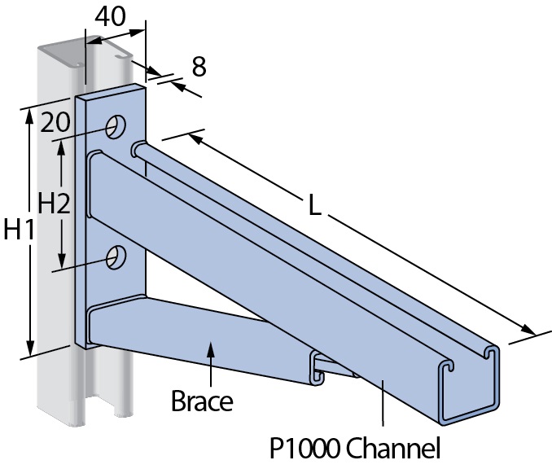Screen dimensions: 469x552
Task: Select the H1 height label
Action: pyautogui.click(x=18, y=231)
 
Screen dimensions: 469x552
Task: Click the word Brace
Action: pyautogui.click(x=202, y=401)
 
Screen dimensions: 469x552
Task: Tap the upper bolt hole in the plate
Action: pyautogui.click(x=117, y=126)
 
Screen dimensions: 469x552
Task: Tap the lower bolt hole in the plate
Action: pyautogui.click(x=116, y=256)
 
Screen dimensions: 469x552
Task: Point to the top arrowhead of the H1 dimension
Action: pyautogui.click(x=31, y=116)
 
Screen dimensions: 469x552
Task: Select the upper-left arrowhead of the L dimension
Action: pyautogui.click(x=195, y=139)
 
